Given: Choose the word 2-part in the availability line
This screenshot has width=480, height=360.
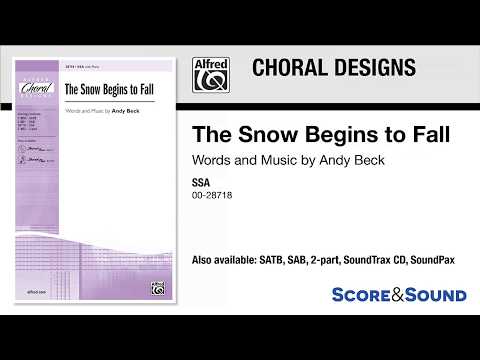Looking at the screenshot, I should tap(352, 260).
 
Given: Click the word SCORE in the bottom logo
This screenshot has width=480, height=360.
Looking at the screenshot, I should tap(365, 295).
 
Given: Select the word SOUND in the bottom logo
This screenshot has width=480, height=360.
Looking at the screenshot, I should tap(436, 295).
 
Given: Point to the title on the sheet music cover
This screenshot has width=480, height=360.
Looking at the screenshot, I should tap(106, 87).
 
